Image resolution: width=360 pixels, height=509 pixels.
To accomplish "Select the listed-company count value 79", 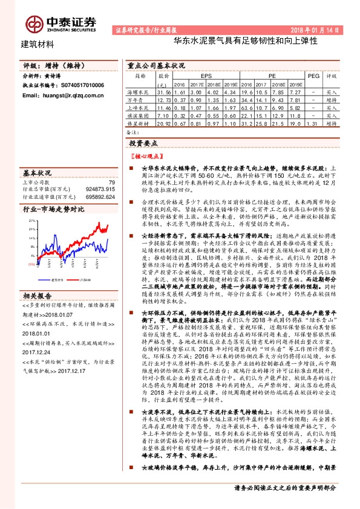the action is click(111, 182).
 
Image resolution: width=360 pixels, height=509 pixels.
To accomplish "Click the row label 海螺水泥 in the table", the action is click(139, 91).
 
